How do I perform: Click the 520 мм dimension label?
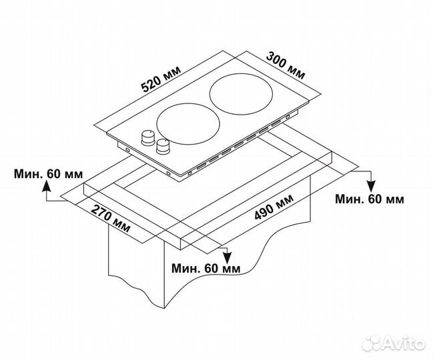click(161, 79)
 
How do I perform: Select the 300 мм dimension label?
click(286, 66)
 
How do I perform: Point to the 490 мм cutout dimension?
click(274, 207)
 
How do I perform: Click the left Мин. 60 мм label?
click(48, 174)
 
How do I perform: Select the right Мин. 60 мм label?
click(370, 199)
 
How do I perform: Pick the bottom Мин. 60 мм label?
click(206, 268)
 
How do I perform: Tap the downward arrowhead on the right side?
click(372, 186)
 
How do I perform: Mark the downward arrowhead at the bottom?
click(227, 257)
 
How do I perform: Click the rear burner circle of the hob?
click(241, 94)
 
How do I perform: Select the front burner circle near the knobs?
click(188, 124)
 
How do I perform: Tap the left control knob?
click(148, 138)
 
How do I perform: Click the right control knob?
click(163, 147)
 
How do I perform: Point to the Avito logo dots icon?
click(372, 343)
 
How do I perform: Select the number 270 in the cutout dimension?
click(101, 212)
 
